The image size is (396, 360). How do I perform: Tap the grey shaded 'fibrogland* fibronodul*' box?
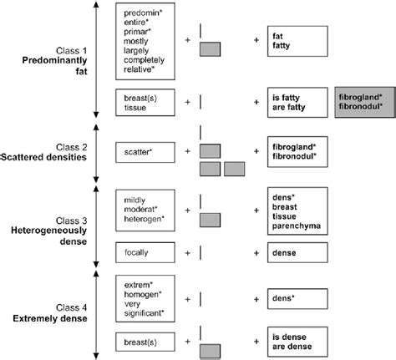(363, 106)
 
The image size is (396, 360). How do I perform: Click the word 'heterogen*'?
(144, 218)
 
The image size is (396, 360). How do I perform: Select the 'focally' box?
(145, 251)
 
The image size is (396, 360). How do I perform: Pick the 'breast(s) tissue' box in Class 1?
(145, 106)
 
